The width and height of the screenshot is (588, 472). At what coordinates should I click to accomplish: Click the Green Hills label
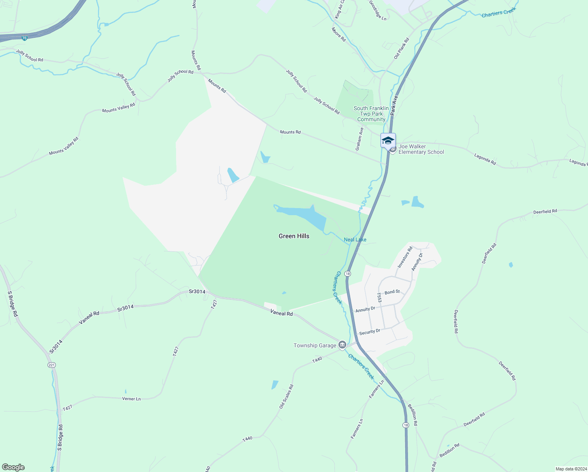point(294,236)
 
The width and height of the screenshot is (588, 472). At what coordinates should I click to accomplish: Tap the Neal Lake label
point(355,240)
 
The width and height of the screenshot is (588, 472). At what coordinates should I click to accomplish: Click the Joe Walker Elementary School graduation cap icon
point(388,140)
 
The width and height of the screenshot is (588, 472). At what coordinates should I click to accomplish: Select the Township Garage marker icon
point(342,345)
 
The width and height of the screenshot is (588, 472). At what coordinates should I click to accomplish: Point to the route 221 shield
point(51,365)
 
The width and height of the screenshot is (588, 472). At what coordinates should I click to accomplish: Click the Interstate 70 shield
point(24,38)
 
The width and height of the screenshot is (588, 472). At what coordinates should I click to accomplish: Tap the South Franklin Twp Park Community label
point(371,114)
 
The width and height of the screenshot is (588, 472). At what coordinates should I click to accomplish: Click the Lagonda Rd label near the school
point(485,159)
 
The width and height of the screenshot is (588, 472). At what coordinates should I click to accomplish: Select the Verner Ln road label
point(131,399)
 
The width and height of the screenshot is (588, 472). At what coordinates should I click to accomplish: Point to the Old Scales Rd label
point(286,396)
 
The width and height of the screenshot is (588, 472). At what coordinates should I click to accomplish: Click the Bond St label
point(392,292)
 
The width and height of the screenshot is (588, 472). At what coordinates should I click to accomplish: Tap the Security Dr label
point(369,332)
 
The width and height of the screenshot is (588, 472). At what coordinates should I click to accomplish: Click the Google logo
point(13,467)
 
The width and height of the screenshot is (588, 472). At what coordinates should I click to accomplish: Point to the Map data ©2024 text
point(570,469)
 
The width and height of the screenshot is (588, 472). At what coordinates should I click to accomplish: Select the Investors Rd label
point(405,257)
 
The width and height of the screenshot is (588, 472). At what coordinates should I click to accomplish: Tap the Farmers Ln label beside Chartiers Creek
point(376,389)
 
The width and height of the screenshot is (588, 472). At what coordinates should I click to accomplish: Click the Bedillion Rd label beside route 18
point(412,415)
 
